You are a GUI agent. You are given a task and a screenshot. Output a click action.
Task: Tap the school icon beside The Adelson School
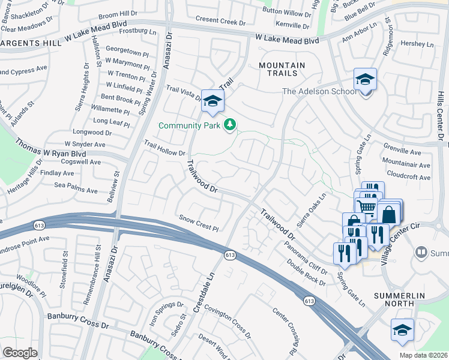(x=364, y=80)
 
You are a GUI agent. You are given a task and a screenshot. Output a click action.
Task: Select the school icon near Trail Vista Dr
(x=212, y=101)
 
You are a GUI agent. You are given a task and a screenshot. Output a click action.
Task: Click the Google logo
(x=20, y=352)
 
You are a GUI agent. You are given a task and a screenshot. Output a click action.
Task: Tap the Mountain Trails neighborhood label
(x=282, y=69)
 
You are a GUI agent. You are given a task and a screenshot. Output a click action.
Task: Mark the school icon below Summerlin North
(x=402, y=330)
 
